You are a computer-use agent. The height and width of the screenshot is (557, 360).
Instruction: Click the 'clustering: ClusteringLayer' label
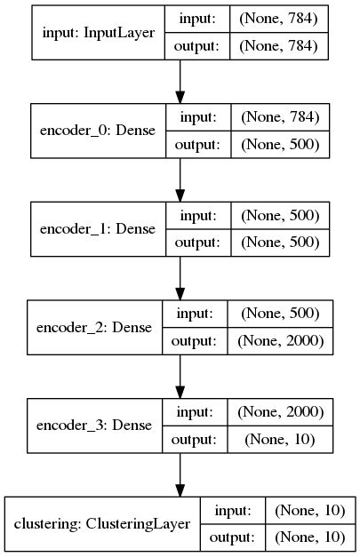pos(102,523)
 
